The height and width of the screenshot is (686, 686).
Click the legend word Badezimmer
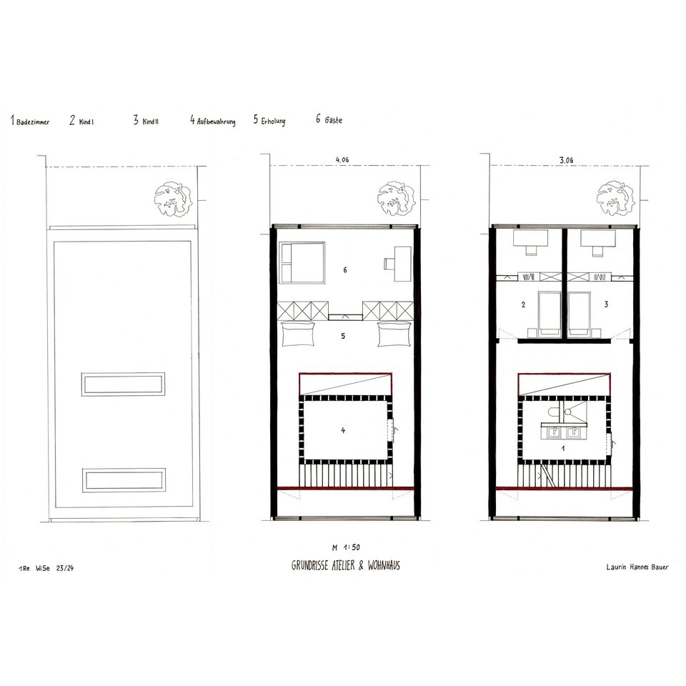33,122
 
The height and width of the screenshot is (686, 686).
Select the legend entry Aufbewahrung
216,121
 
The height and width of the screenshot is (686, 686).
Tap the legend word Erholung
273,121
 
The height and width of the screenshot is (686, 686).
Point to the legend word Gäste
334,120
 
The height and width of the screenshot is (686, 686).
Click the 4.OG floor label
342,160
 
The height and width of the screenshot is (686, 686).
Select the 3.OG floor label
566,160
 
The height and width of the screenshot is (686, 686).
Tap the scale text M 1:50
346,547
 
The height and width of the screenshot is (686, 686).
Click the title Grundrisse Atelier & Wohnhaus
346,565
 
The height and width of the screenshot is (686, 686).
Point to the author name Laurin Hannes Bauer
637,567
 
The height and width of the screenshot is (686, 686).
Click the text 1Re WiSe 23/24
46,568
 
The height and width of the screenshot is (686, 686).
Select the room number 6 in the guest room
344,270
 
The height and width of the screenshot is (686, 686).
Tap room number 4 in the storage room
343,430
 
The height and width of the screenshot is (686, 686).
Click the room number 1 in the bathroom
563,449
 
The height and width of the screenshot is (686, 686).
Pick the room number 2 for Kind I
523,304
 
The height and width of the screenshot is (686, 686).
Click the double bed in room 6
302,262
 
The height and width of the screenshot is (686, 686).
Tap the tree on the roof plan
173,200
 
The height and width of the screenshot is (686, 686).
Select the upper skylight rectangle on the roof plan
123,384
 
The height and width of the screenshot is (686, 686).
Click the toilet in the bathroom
552,412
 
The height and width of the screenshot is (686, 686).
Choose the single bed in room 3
578,314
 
